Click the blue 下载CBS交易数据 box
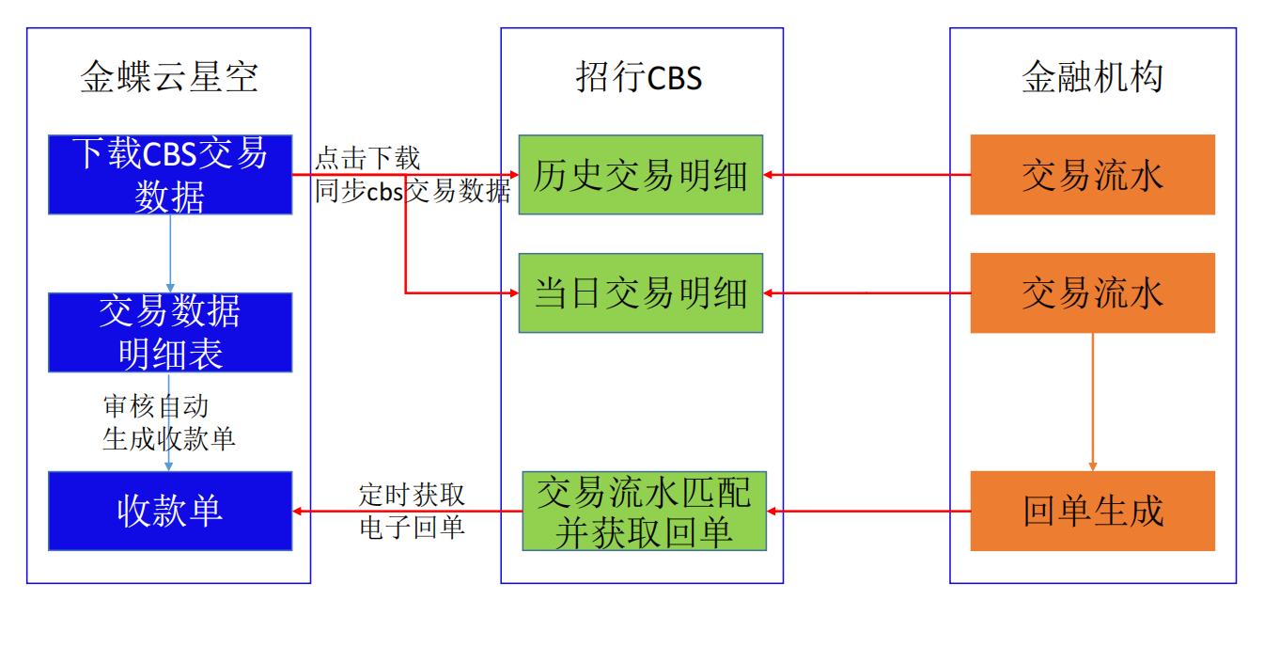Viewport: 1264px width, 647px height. (x=170, y=175)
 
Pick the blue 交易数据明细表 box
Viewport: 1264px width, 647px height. (x=170, y=332)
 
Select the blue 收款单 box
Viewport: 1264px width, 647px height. (x=170, y=511)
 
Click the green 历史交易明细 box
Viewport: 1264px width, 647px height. (x=640, y=175)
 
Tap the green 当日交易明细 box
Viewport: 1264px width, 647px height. (x=640, y=292)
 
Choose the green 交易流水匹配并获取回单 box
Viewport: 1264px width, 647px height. (x=644, y=511)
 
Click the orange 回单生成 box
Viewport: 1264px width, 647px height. (x=1092, y=511)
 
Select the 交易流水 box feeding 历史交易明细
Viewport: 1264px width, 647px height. (x=1092, y=175)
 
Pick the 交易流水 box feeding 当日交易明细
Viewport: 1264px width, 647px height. (x=1092, y=292)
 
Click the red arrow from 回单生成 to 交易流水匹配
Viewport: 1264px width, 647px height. (x=868, y=511)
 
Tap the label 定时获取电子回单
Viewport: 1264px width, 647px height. (x=412, y=511)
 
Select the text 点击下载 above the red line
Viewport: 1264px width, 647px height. (x=367, y=158)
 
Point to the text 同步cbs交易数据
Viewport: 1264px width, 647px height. (x=413, y=192)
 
